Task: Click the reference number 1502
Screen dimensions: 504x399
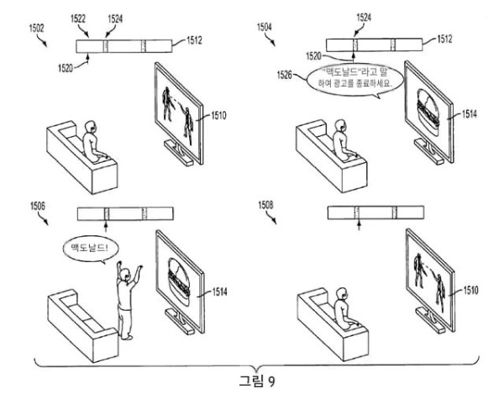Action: coord(37,29)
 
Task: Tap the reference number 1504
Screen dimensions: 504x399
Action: coord(265,27)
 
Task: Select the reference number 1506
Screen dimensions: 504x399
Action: coord(38,206)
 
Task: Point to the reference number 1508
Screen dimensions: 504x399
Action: coord(265,205)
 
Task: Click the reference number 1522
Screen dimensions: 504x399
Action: coord(78,19)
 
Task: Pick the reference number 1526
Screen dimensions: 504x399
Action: coord(285,76)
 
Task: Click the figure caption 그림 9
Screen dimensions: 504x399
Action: coord(257,381)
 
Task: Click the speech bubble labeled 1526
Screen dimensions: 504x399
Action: coord(354,81)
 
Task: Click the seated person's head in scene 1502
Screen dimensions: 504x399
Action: coord(92,127)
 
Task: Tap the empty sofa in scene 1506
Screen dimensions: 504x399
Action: coord(83,325)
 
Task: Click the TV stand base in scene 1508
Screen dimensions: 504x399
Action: coord(430,319)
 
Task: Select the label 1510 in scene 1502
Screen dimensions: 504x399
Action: coord(218,115)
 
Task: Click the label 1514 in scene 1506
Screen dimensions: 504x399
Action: coord(219,291)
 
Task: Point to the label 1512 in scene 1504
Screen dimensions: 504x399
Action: coord(444,39)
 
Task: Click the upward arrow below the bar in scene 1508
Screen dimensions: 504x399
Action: coord(359,224)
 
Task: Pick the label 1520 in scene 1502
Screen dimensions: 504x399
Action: coord(66,68)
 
